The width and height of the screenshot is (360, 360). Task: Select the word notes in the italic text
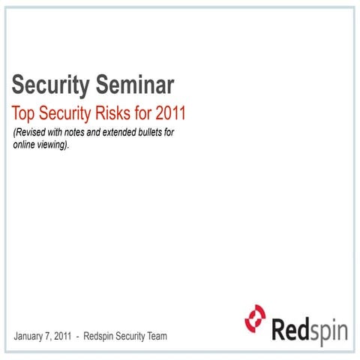click(88, 133)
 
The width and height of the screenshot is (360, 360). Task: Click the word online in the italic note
click(28, 144)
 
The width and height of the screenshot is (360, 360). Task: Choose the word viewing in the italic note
click(61, 144)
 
